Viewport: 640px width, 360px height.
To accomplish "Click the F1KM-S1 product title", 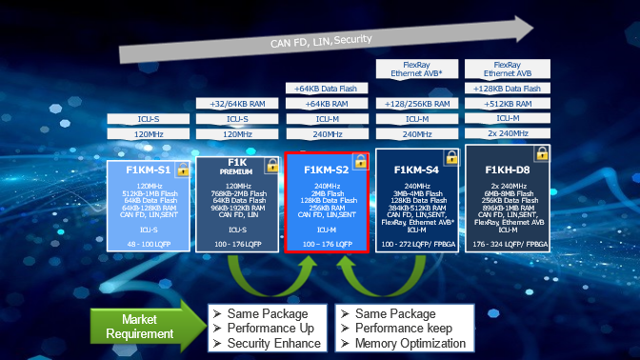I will click(x=142, y=170).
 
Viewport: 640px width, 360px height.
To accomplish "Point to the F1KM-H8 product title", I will click(x=507, y=170).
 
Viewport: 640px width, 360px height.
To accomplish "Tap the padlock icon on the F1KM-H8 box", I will click(x=541, y=152).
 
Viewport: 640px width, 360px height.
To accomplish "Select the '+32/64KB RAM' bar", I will click(x=237, y=104).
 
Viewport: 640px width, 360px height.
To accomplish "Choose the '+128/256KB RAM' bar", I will click(x=416, y=104).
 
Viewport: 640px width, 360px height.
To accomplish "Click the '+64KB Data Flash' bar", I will click(x=327, y=89).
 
